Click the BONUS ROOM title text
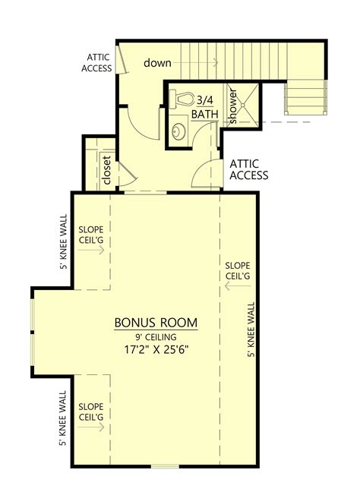[156, 323]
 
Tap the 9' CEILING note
[156, 337]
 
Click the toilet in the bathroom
[183, 99]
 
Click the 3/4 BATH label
[205, 106]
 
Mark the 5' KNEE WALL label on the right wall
[251, 330]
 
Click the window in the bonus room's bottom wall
[161, 465]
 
